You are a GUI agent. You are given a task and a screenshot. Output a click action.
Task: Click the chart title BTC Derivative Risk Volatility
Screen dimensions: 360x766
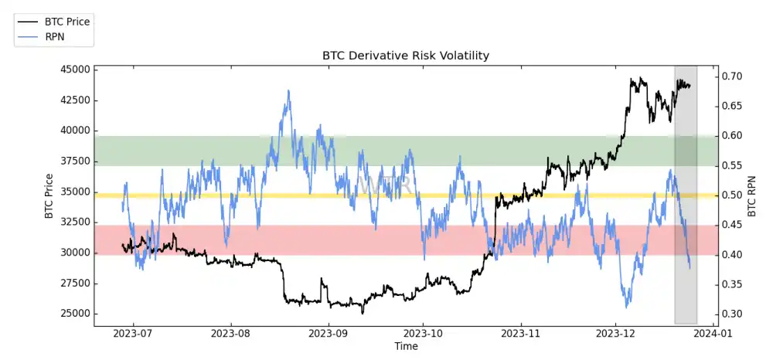(x=406, y=56)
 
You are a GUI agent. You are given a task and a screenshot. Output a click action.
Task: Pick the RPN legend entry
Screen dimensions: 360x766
(x=56, y=36)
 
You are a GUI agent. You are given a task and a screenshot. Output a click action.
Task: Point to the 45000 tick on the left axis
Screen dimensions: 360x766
(x=74, y=70)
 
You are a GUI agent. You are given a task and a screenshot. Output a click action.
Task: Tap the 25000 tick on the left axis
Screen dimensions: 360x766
(x=74, y=314)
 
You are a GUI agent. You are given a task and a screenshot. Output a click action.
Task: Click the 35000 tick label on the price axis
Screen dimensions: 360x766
(x=74, y=192)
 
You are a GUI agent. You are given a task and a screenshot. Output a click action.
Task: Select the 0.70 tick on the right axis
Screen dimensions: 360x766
(x=733, y=76)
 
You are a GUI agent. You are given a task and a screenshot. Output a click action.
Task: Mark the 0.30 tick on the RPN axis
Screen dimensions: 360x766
(x=733, y=314)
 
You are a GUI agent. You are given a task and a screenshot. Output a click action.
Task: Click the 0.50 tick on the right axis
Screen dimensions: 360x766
(x=733, y=195)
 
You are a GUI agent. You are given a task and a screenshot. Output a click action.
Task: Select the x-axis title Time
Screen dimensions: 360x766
(x=406, y=347)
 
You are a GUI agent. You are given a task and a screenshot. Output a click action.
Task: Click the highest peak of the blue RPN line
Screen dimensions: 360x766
(x=288, y=90)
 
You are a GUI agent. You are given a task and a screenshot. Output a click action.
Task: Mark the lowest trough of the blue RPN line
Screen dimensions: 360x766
(x=626, y=307)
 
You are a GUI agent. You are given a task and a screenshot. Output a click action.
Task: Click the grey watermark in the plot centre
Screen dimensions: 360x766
(x=383, y=185)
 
